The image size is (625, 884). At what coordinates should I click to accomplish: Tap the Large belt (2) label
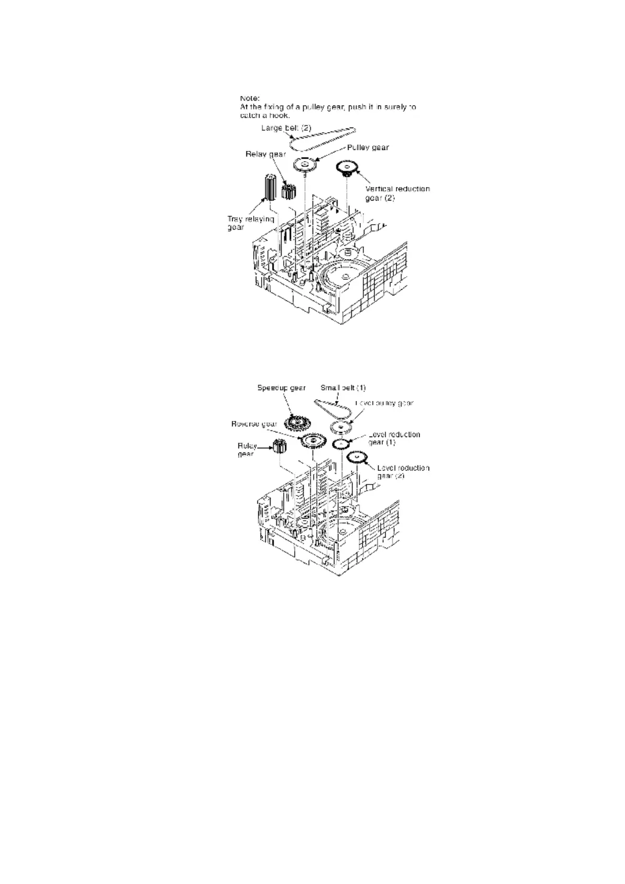286,128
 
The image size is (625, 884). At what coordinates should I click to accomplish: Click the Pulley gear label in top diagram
368,148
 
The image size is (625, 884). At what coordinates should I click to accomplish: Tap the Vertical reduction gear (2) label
397,193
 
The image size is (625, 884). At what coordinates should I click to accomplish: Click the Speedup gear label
282,388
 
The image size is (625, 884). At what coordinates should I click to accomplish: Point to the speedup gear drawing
296,422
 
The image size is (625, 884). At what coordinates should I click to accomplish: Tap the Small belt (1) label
343,388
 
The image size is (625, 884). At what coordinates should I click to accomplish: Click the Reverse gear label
254,424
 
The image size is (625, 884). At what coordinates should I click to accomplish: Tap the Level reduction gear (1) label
394,438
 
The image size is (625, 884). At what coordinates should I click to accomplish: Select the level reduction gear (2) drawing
358,458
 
